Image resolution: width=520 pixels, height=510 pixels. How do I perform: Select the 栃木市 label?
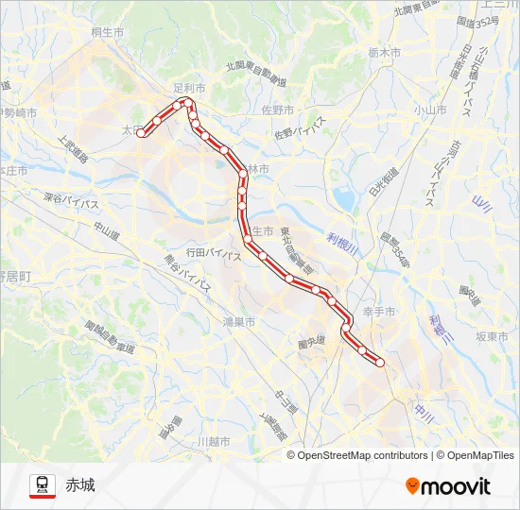[385, 53]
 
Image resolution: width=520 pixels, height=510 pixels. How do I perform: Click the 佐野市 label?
[277, 110]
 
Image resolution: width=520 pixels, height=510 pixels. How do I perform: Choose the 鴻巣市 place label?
[238, 322]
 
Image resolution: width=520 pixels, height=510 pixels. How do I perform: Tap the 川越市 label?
[216, 441]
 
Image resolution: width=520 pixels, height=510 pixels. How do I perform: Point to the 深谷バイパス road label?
[72, 202]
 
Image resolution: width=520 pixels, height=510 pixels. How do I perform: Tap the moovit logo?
[448, 486]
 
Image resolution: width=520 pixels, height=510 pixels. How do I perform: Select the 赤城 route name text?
[80, 485]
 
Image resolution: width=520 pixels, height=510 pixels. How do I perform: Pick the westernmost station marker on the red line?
[142, 134]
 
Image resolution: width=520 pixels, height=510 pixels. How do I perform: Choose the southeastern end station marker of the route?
[380, 362]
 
